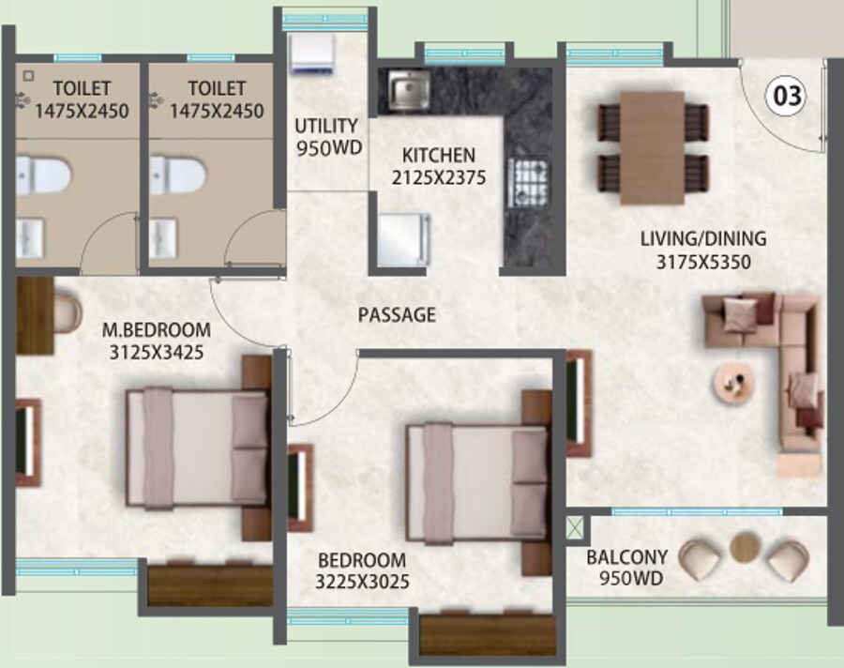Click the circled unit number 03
click(x=788, y=95)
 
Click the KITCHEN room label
click(x=439, y=155)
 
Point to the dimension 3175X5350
click(x=704, y=263)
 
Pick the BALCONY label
click(x=626, y=556)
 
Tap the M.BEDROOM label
click(x=156, y=330)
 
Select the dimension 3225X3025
click(x=362, y=582)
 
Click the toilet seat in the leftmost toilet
click(x=42, y=175)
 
